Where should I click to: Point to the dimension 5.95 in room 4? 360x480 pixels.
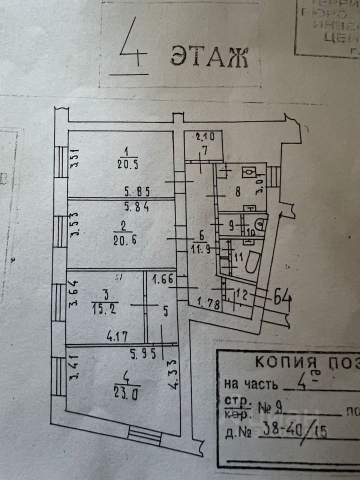[143, 353]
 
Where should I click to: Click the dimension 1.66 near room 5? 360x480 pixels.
[163, 280]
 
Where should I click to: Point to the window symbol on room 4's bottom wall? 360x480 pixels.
[145, 395]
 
